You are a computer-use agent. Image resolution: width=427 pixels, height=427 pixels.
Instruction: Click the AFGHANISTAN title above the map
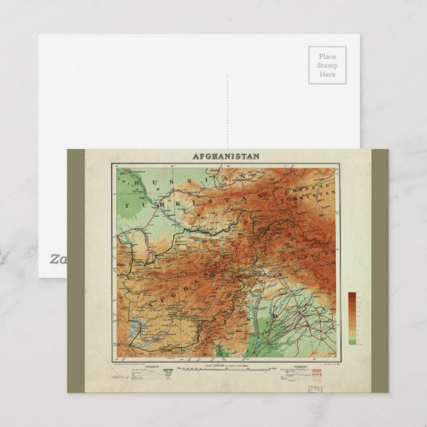[x=226, y=156]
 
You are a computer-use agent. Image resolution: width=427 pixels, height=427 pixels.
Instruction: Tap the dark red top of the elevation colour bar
[x=352, y=296]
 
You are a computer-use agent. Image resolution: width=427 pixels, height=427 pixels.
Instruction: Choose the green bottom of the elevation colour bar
[x=352, y=341]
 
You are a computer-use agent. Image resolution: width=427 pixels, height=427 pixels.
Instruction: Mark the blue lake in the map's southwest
[x=136, y=327]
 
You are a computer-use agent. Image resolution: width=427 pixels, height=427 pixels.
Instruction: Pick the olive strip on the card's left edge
[x=77, y=270]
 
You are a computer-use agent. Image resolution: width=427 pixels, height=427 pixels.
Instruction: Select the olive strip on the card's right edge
[x=379, y=270]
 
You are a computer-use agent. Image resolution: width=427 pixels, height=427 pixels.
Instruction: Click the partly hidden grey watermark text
[x=56, y=259]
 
